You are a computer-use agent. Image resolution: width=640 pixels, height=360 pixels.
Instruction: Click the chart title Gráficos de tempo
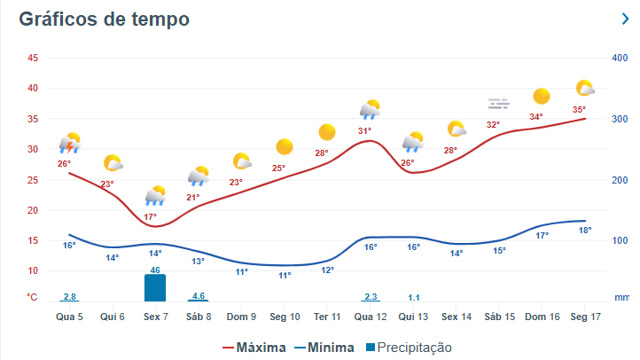click(105, 20)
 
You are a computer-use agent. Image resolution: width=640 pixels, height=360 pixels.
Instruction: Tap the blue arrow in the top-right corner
click(626, 19)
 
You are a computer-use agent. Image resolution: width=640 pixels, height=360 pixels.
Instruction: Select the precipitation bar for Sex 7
click(155, 287)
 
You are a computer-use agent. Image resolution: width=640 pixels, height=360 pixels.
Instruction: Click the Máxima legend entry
click(254, 348)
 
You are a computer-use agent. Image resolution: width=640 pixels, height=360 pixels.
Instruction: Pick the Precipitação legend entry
click(407, 348)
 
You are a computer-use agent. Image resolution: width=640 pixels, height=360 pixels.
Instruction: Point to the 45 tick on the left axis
click(33, 59)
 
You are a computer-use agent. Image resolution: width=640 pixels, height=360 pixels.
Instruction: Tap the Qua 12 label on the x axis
click(371, 317)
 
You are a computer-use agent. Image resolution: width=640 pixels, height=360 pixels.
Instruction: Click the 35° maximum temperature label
click(579, 110)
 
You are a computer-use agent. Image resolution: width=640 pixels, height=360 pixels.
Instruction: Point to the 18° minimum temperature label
click(585, 231)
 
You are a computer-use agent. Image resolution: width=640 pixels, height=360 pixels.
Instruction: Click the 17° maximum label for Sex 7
click(151, 216)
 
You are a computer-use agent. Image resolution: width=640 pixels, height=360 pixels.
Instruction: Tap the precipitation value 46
click(155, 270)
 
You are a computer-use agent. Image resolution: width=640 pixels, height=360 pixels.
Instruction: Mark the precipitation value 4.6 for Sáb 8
click(199, 295)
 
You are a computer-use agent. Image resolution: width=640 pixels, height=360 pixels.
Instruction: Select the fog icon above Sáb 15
click(498, 105)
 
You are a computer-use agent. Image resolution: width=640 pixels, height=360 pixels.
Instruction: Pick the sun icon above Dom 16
click(541, 96)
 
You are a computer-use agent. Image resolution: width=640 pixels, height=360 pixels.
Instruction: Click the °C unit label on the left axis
click(32, 297)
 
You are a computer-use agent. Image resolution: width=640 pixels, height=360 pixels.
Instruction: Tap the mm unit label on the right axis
click(621, 297)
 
